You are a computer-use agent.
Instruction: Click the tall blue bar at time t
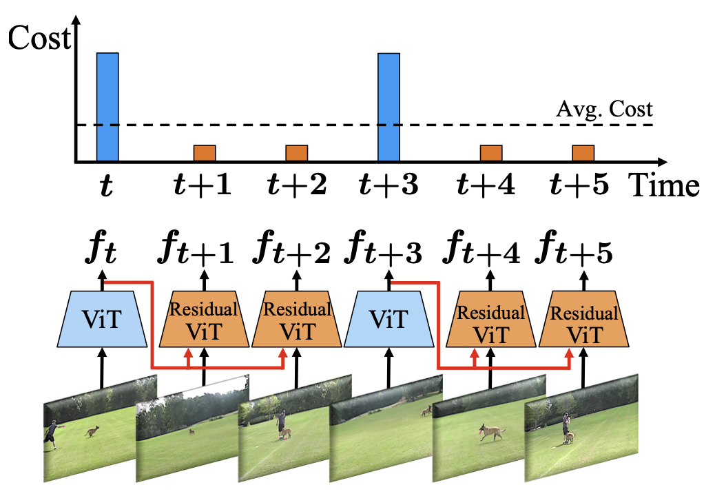[x=107, y=107]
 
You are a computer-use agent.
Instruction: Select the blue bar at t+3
[x=389, y=107]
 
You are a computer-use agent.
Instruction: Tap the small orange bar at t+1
[x=205, y=154]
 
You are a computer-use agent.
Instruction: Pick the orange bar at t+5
[x=583, y=154]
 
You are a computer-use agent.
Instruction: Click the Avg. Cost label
[x=603, y=110]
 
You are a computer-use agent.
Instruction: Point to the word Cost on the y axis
[x=39, y=39]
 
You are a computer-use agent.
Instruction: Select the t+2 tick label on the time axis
[x=296, y=185]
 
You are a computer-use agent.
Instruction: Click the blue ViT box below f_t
[x=104, y=320]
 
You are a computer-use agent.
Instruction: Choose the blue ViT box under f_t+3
[x=390, y=320]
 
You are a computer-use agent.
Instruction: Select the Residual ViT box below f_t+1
[x=204, y=320]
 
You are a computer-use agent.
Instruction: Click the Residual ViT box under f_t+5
[x=583, y=320]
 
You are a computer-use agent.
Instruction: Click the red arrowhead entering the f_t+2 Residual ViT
[x=282, y=353]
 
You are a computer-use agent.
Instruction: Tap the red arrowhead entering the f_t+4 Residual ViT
[x=475, y=353]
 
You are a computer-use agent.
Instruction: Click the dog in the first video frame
[x=92, y=433]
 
